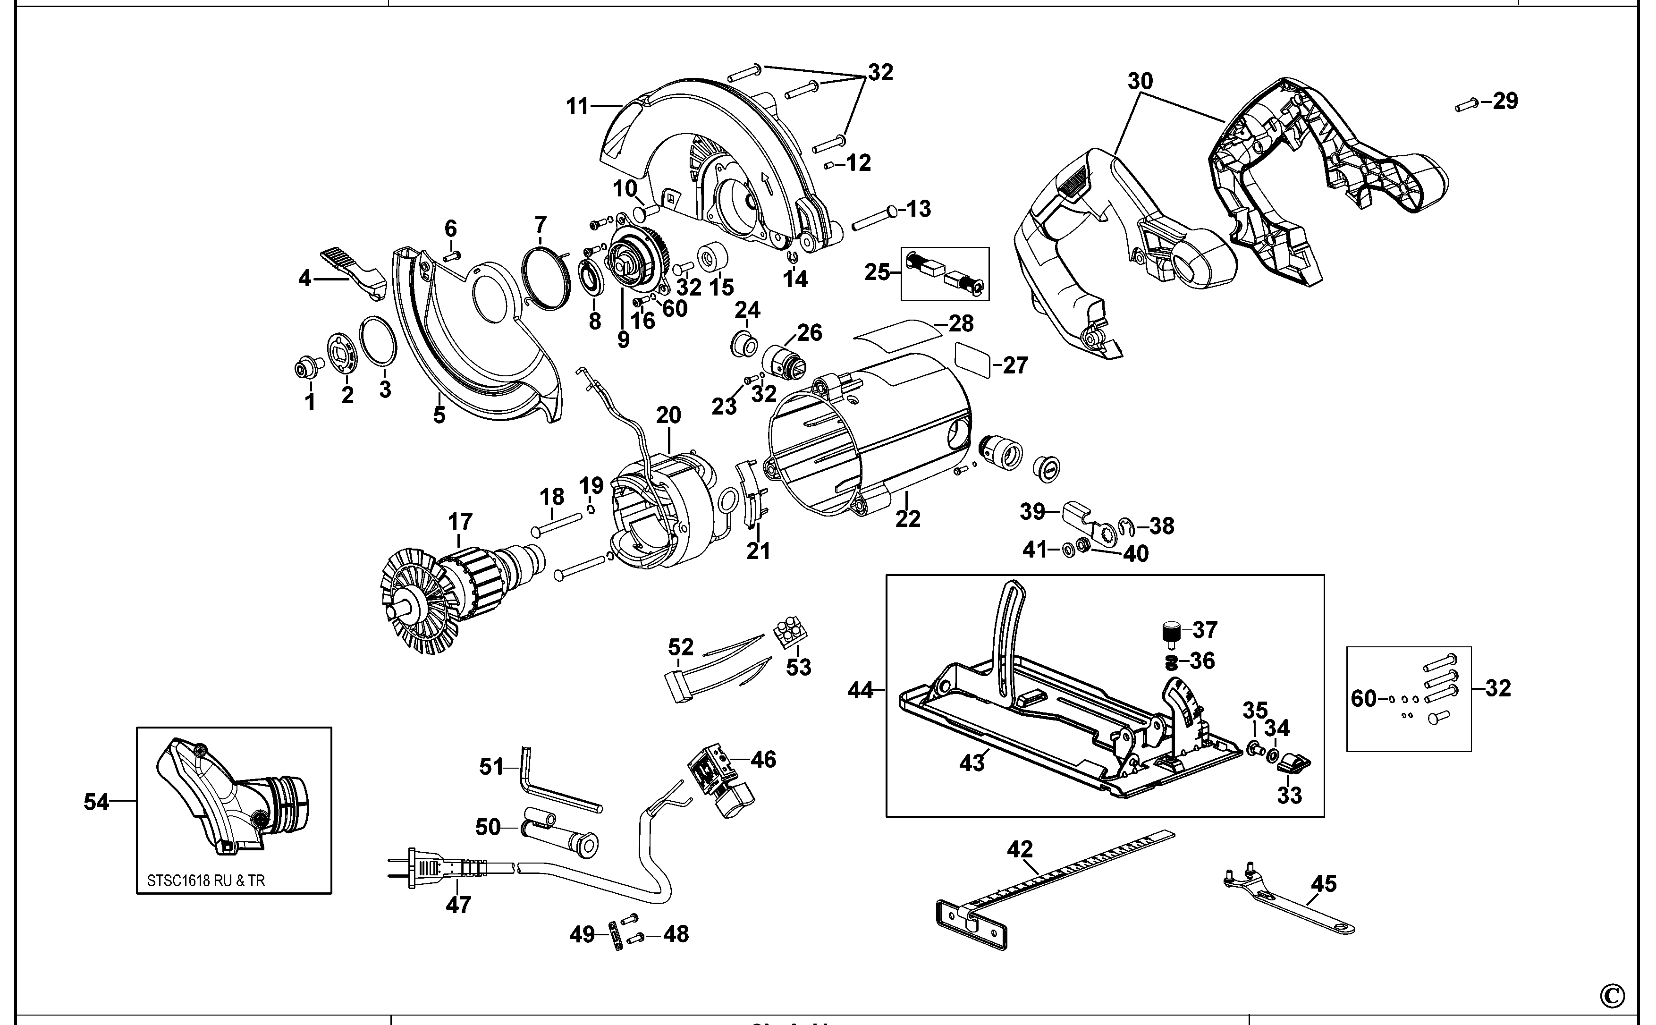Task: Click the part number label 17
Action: pyautogui.click(x=460, y=522)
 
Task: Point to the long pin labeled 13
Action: pyautogui.click(x=874, y=216)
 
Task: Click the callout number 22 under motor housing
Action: pyautogui.click(x=908, y=518)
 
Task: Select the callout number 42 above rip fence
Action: pyautogui.click(x=1020, y=849)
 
